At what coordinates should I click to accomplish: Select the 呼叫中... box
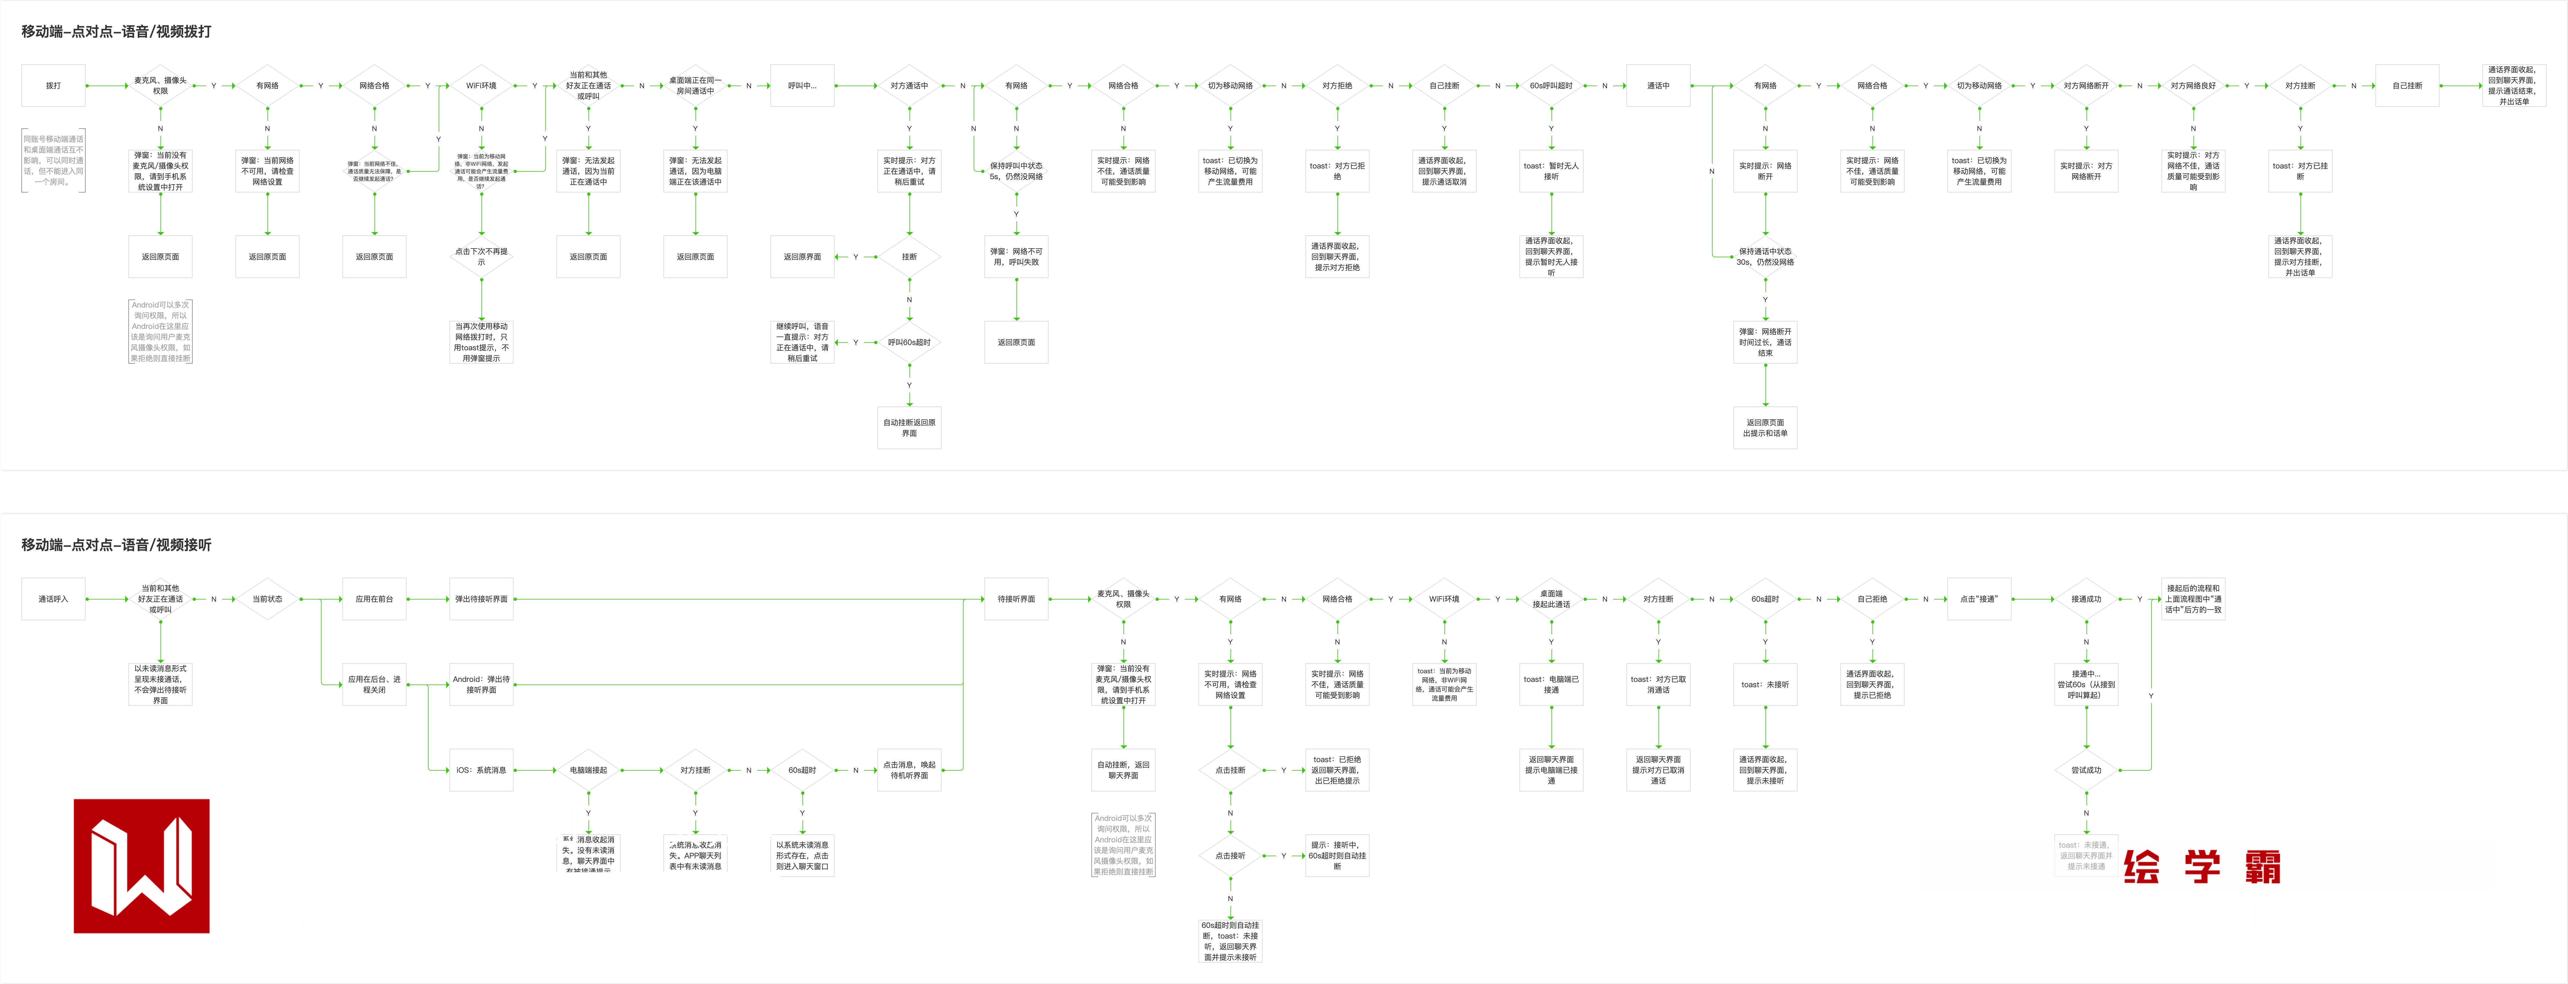(x=802, y=86)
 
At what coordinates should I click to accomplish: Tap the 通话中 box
(x=1658, y=86)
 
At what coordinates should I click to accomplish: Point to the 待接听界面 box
(x=1016, y=599)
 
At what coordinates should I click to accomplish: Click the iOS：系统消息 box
(x=481, y=770)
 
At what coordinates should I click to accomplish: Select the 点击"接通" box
(x=1979, y=599)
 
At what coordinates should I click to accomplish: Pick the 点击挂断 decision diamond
(x=1230, y=770)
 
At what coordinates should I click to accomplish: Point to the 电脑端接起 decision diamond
(x=588, y=770)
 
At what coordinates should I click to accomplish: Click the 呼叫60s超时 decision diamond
(x=909, y=342)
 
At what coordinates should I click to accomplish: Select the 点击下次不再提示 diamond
(x=481, y=256)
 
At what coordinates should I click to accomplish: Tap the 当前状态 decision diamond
(x=267, y=599)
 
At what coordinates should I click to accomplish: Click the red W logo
(x=142, y=865)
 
